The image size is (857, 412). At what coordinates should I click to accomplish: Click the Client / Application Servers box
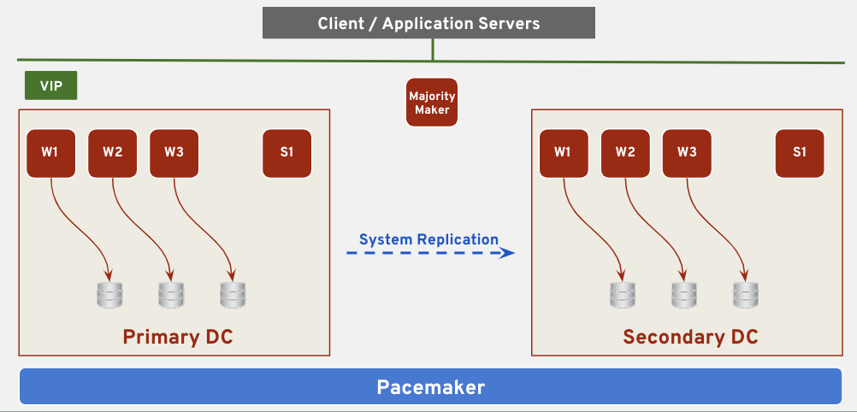[428, 23]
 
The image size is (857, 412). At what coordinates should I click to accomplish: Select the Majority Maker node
[432, 103]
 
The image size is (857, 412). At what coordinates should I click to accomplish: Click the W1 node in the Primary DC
[50, 153]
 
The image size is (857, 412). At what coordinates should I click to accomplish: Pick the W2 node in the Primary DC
[112, 153]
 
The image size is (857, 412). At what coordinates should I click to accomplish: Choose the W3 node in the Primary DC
[174, 153]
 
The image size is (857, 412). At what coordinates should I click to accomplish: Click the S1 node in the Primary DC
[287, 153]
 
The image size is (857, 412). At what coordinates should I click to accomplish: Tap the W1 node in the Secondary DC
[563, 153]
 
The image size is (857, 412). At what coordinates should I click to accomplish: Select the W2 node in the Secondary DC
[625, 153]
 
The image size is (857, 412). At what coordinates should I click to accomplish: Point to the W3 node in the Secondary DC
[687, 153]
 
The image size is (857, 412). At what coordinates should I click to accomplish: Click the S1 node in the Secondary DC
[800, 153]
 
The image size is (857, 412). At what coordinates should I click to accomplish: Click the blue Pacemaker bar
[430, 387]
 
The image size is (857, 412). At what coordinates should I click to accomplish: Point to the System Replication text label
[428, 239]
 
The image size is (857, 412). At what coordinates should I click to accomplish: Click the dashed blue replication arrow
[429, 253]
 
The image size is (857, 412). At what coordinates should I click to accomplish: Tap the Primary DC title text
[177, 337]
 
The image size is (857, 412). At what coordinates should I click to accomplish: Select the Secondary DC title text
[690, 337]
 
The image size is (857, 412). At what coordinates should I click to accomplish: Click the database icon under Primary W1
[109, 295]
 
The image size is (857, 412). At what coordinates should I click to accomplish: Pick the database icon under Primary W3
[232, 295]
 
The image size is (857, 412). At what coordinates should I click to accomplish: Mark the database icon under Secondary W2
[683, 295]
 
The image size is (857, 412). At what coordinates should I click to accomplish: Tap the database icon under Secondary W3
[745, 295]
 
